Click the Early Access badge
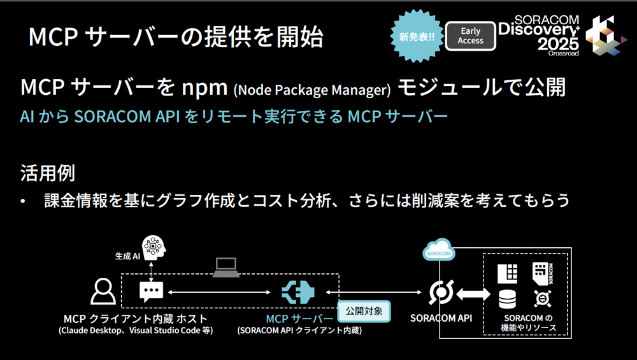click(471, 36)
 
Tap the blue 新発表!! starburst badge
click(417, 36)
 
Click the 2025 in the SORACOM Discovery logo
click(558, 43)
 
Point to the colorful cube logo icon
click(605, 35)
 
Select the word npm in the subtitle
click(204, 88)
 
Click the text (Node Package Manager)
click(312, 90)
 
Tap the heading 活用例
click(48, 173)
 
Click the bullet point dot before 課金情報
click(23, 201)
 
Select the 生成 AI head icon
click(154, 248)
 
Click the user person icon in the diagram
click(103, 291)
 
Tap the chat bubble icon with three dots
click(151, 292)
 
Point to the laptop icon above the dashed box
click(226, 268)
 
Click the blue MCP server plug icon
click(297, 292)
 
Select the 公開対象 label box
click(364, 311)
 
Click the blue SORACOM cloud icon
click(439, 250)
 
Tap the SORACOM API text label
click(441, 318)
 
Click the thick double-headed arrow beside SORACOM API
click(473, 293)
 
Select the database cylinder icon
click(507, 299)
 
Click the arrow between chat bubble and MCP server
click(219, 292)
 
